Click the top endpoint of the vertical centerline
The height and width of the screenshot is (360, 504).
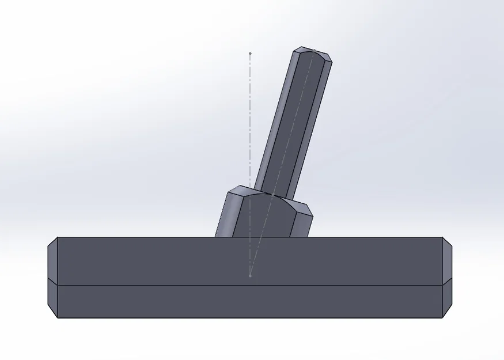tap(250, 54)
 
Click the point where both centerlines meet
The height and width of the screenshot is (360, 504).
tap(250, 276)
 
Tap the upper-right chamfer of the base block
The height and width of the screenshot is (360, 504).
tap(447, 262)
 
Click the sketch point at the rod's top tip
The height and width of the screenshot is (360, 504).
tap(313, 54)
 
